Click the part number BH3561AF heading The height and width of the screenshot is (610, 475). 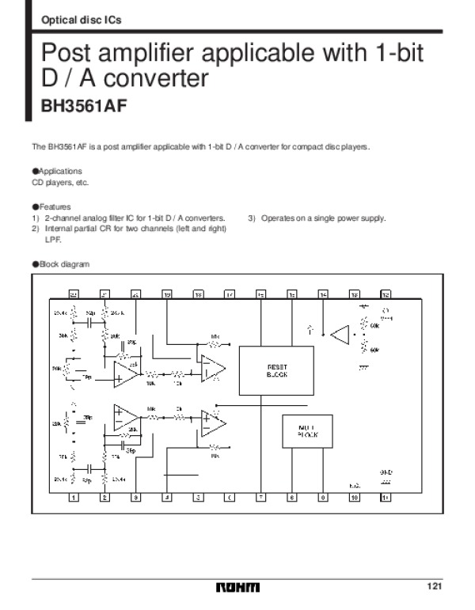click(x=84, y=107)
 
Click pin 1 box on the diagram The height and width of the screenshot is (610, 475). click(x=74, y=498)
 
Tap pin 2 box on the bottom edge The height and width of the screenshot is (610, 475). click(x=104, y=498)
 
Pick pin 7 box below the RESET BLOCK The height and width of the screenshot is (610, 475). click(x=260, y=498)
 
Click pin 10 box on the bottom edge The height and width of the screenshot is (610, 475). click(x=354, y=498)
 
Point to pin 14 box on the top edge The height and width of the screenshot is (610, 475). click(x=323, y=294)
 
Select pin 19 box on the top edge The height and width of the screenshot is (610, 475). click(x=167, y=294)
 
